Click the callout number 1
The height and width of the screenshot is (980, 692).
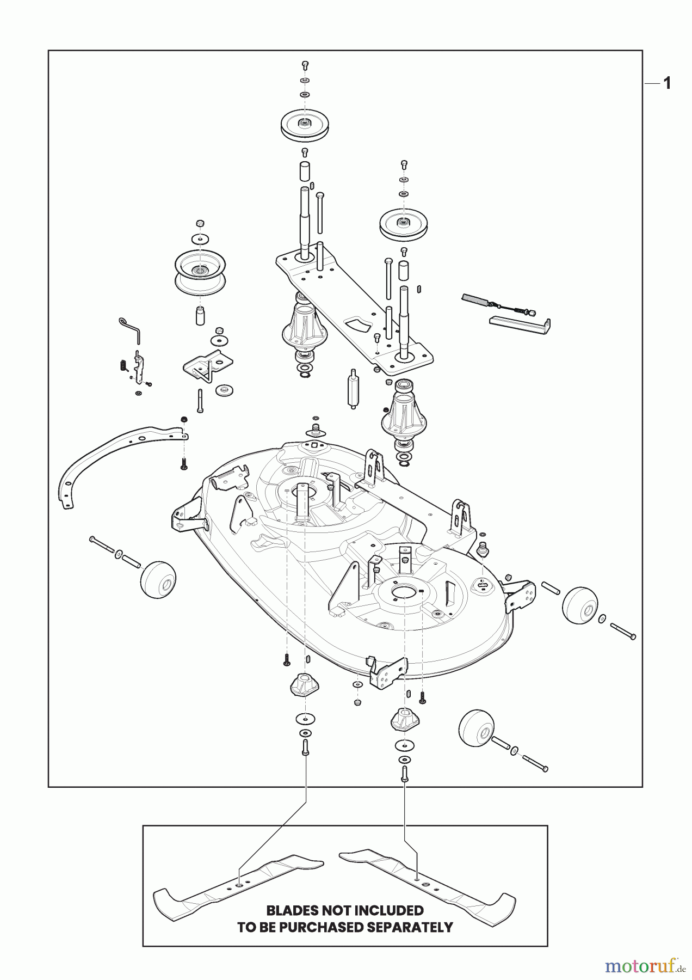tap(667, 83)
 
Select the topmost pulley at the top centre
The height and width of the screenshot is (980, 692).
tap(305, 125)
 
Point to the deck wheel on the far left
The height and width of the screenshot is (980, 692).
tap(158, 580)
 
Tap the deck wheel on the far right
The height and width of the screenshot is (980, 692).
tap(579, 605)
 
